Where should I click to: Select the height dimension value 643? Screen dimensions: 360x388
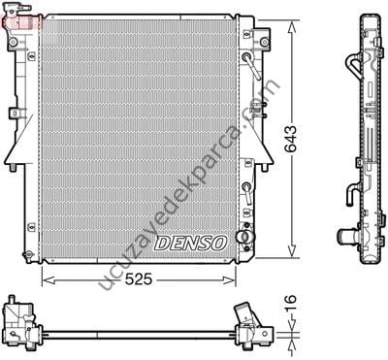(307, 138)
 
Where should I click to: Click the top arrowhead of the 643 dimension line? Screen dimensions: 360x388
(291, 20)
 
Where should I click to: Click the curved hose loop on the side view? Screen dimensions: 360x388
(354, 67)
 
